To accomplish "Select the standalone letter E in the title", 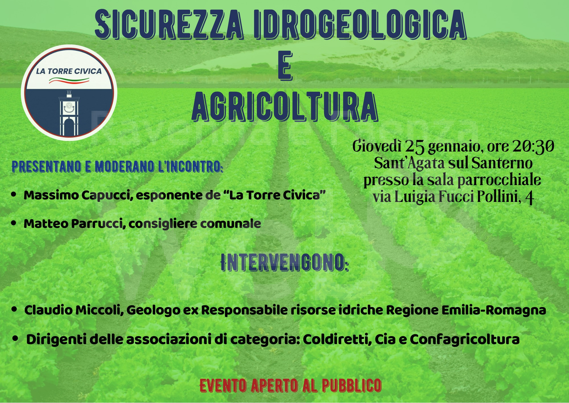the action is click(x=285, y=66).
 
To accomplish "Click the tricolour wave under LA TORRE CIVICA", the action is click(x=69, y=81).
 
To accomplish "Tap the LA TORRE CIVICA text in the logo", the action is click(x=69, y=71).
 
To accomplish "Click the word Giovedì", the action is click(x=377, y=146).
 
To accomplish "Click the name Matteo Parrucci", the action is click(x=75, y=224).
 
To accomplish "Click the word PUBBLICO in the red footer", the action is click(x=352, y=386).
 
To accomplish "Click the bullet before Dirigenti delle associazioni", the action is click(x=16, y=338).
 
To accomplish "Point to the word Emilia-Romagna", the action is click(x=494, y=310).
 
